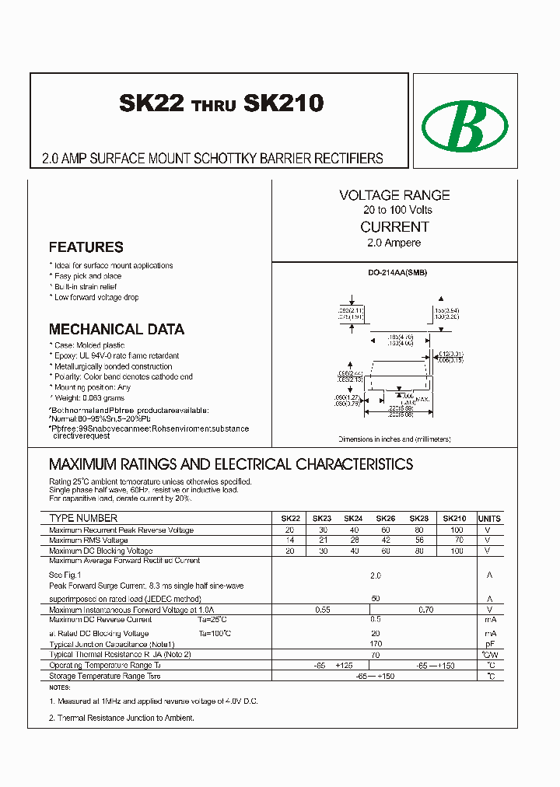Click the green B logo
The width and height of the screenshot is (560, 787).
pos(464,124)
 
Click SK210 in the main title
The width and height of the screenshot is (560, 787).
pos(284,103)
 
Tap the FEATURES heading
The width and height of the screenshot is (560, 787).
pos(86,247)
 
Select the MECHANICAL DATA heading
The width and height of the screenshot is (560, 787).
pos(117,329)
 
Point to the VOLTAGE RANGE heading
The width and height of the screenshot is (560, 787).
pos(394,195)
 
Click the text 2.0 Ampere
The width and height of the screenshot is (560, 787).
pos(394,243)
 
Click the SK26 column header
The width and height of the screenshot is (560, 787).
pos(385,519)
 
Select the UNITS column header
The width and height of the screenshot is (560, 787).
pos(489,519)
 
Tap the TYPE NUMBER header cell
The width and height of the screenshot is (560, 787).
pos(83,518)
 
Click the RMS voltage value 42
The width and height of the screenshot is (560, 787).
pos(385,540)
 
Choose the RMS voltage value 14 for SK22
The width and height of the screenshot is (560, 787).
pos(290,540)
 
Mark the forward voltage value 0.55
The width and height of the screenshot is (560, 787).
pos(322,610)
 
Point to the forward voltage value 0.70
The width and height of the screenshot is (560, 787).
pos(425,610)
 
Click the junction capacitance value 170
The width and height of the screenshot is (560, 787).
pos(376,645)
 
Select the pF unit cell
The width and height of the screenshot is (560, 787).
pos(489,645)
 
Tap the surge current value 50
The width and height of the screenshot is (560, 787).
pos(376,599)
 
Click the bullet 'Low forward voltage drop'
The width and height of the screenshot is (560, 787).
pos(97,298)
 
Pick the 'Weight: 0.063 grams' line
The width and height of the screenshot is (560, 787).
pos(91,398)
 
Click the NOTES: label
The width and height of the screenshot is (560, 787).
pos(59,688)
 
